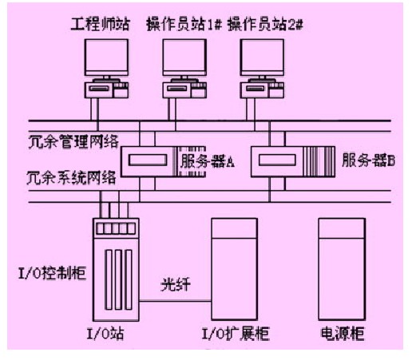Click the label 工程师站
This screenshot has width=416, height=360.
(x=100, y=24)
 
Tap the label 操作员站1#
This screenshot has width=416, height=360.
(x=184, y=24)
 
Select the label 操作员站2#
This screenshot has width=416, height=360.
(x=265, y=24)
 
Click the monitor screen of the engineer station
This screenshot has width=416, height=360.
(x=106, y=57)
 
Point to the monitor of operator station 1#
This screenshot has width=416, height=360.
(x=184, y=57)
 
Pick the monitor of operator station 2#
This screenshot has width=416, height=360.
(x=262, y=57)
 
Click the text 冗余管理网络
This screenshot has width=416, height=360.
(x=73, y=141)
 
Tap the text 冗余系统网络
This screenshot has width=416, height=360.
(x=71, y=177)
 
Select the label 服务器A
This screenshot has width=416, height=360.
(x=208, y=161)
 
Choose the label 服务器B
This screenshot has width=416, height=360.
(x=369, y=160)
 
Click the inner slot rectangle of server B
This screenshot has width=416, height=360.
(x=277, y=160)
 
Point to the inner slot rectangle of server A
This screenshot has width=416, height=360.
(x=148, y=160)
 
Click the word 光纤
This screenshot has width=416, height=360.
(x=176, y=284)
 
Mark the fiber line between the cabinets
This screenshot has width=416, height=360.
(x=175, y=301)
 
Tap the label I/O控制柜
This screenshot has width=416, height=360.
(x=52, y=273)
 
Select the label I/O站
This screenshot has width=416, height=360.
(x=105, y=334)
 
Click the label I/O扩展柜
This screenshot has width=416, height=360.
(x=236, y=334)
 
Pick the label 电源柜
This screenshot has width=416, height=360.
(x=343, y=334)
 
